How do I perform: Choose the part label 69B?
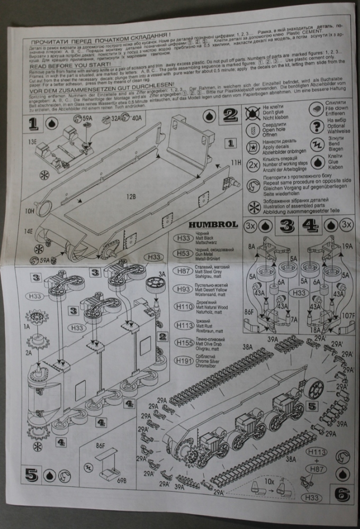coord(122,480)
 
